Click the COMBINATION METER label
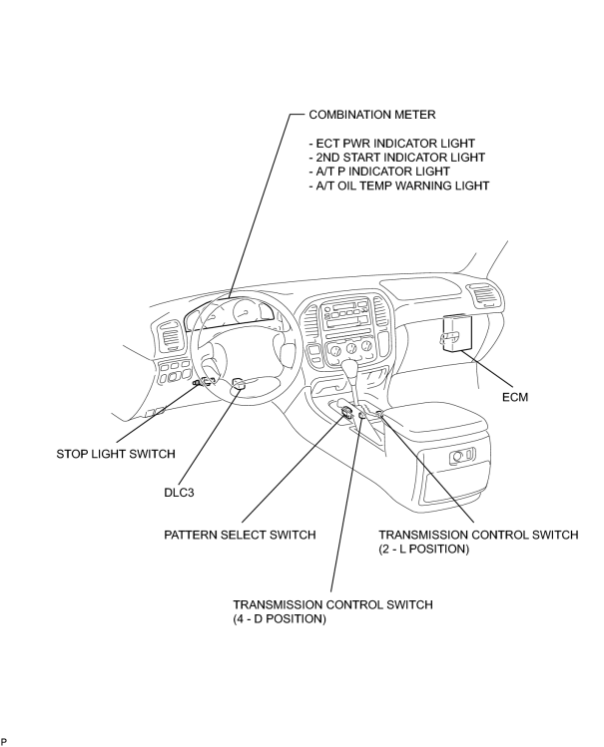[371, 115]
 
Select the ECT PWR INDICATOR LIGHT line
[391, 144]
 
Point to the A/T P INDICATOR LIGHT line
[379, 171]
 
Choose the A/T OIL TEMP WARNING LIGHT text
[398, 186]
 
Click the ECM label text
[515, 397]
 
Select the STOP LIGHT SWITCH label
[116, 454]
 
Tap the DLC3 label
[179, 492]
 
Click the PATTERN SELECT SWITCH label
[240, 535]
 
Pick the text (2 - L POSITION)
[424, 549]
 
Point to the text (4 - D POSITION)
[280, 619]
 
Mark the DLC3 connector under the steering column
[239, 384]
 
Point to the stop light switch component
[203, 382]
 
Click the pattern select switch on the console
[346, 413]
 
